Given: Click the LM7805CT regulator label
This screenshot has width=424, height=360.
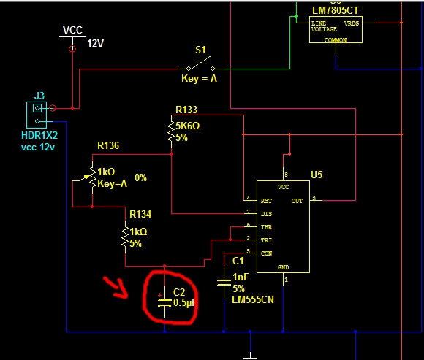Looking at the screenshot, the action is click(336, 10).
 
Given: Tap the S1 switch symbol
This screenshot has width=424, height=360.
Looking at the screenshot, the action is click(200, 64).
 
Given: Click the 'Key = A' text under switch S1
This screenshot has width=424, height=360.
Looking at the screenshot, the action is click(199, 79).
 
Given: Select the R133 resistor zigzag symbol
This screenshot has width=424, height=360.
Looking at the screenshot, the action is click(171, 131).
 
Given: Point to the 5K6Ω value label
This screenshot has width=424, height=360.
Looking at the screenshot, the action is click(188, 126).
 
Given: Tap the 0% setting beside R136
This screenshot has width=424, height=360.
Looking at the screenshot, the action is click(140, 177).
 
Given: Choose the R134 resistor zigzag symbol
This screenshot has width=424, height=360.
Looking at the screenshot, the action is click(125, 237).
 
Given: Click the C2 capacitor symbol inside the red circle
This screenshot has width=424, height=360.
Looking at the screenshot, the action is click(164, 302).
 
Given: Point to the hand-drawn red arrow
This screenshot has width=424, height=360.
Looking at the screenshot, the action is click(115, 287).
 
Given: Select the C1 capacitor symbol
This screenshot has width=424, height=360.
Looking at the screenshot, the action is click(224, 283).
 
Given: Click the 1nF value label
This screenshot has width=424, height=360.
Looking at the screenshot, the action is click(241, 277).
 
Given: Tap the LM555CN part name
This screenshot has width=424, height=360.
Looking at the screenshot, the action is click(253, 299).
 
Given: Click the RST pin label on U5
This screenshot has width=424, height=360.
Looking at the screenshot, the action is click(266, 201).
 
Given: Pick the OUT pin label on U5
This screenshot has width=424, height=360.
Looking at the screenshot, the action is click(297, 201).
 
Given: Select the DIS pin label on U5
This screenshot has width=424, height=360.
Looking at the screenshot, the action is click(266, 214).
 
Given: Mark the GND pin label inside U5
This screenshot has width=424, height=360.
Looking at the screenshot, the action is click(283, 267).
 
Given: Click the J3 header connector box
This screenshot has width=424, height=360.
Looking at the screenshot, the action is click(37, 115).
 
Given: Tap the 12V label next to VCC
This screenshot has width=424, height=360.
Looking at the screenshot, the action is click(96, 43).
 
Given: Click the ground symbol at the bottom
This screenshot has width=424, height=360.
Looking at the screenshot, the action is click(250, 355).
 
